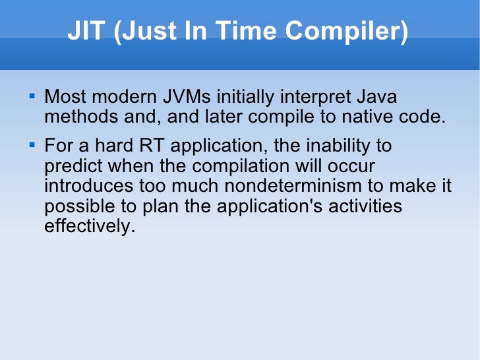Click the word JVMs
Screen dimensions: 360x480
pos(191,98)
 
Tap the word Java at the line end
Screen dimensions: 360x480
pos(376,98)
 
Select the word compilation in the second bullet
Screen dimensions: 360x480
pos(235,165)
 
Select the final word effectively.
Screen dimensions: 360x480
pos(85,227)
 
